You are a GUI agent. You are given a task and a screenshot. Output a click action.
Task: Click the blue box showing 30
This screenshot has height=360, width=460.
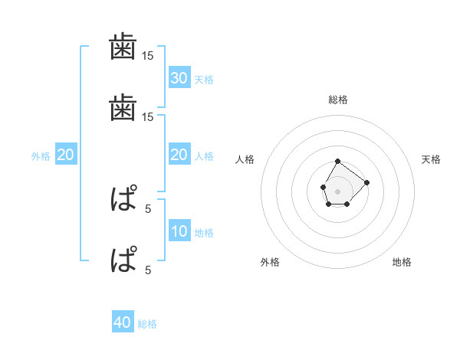(179, 78)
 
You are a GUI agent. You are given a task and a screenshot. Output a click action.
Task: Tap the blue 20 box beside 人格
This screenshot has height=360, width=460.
(179, 155)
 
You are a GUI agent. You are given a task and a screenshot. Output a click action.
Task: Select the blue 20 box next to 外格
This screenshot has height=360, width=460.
(65, 155)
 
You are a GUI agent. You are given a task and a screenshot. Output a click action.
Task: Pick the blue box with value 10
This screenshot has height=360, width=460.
(179, 231)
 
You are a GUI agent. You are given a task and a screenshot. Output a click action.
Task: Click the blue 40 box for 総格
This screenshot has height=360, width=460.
(123, 322)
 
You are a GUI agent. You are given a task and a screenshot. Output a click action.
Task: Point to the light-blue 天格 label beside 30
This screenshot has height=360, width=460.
(204, 80)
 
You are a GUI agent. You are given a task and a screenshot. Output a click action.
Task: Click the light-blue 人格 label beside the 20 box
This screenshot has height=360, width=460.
(204, 156)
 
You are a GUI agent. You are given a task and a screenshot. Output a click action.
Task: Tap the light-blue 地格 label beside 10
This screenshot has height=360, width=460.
(204, 233)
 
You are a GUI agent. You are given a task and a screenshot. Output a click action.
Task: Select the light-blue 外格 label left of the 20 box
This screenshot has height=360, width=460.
(41, 156)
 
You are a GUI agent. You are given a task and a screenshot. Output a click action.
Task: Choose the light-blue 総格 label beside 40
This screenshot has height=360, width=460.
(147, 324)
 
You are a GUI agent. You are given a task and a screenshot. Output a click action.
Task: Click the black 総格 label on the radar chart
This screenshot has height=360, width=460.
(338, 100)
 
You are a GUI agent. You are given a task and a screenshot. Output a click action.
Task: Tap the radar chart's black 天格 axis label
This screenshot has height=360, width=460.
(432, 159)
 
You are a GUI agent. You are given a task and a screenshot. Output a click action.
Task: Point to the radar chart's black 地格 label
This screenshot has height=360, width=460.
(402, 263)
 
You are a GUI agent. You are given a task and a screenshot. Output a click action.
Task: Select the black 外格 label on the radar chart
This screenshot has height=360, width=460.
(270, 263)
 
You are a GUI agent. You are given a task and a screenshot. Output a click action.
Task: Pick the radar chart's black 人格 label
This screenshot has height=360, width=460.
(245, 159)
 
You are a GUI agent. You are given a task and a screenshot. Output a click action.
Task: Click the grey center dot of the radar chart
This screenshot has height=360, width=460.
(338, 189)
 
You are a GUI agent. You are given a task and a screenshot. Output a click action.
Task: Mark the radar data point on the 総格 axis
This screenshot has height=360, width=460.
(338, 161)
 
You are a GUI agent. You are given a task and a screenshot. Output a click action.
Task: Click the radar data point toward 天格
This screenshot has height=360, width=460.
(366, 182)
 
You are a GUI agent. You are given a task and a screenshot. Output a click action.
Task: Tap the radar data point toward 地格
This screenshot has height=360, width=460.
(347, 204)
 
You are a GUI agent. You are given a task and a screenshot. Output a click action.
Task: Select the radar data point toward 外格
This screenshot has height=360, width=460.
(329, 204)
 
